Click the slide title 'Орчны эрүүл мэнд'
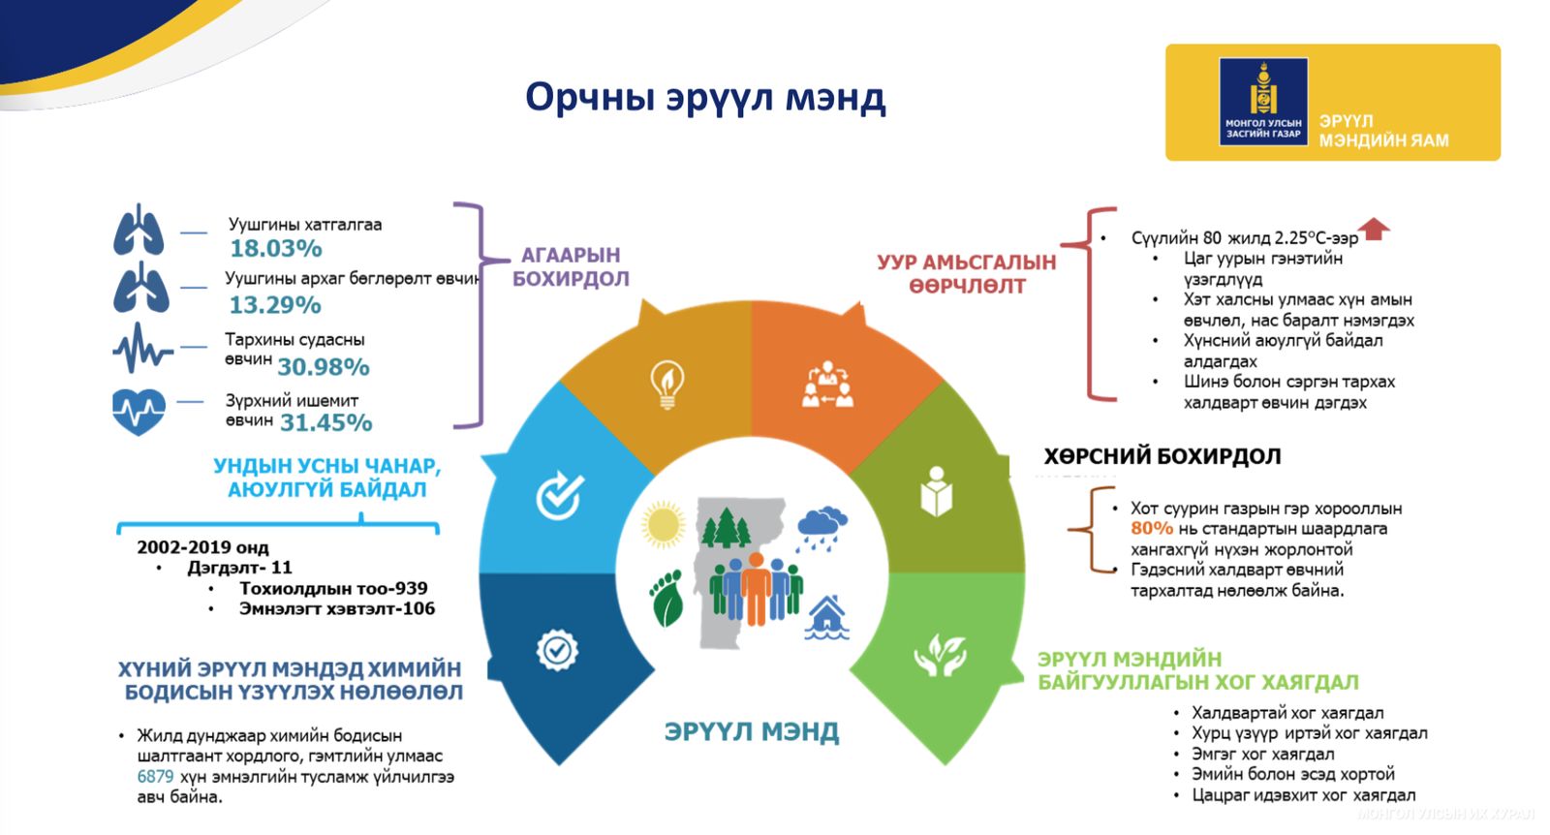[x=704, y=98]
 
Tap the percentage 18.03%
[x=275, y=249]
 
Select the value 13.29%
[x=274, y=305]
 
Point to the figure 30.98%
[x=324, y=367]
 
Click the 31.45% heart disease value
[x=325, y=422]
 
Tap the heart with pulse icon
[x=139, y=411]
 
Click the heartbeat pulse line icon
[x=141, y=349]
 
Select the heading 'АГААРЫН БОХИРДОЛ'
[x=571, y=267]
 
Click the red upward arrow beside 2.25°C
[x=1374, y=231]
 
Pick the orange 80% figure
[x=1151, y=529]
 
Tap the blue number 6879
[x=155, y=777]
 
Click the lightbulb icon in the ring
[x=667, y=385]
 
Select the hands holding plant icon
[x=940, y=656]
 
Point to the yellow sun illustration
[x=664, y=524]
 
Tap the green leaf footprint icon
[x=666, y=599]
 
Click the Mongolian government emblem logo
[x=1263, y=100]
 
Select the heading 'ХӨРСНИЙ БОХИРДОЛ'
[x=1162, y=456]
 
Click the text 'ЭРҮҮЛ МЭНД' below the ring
[x=751, y=732]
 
